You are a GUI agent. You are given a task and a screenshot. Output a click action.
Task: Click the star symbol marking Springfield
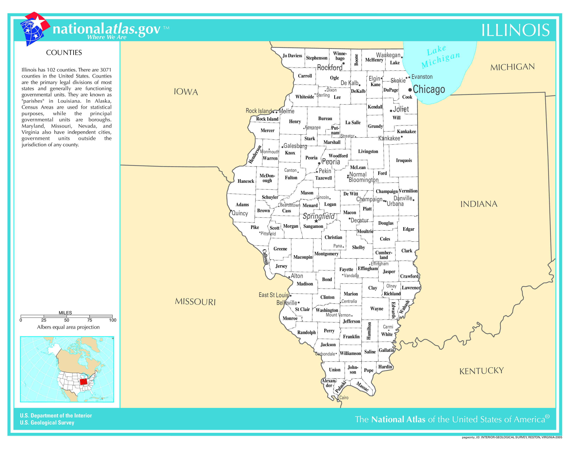pyautogui.click(x=316, y=221)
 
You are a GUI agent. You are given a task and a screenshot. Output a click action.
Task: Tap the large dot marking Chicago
pyautogui.click(x=410, y=90)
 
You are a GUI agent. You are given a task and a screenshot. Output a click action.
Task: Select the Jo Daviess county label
pyautogui.click(x=292, y=56)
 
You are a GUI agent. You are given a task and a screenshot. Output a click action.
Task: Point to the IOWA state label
pyautogui.click(x=186, y=92)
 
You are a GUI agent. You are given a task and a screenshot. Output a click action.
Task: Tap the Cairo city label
pyautogui.click(x=344, y=398)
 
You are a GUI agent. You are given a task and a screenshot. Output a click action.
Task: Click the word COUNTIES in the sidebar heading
pyautogui.click(x=64, y=53)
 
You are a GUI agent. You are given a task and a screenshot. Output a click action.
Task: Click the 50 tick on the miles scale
pyautogui.click(x=67, y=320)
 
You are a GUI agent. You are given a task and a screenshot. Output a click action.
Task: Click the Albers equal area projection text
pyautogui.click(x=68, y=327)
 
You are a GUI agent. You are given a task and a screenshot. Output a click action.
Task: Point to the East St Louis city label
pyautogui.click(x=273, y=295)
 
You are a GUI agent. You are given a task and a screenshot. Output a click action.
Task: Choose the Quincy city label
pyautogui.click(x=240, y=213)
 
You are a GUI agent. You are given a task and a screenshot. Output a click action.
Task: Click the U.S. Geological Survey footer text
pyautogui.click(x=47, y=423)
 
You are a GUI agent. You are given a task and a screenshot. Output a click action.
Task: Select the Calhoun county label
pyautogui.click(x=265, y=257)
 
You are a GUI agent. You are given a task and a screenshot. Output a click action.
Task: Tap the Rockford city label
pyautogui.click(x=330, y=68)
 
